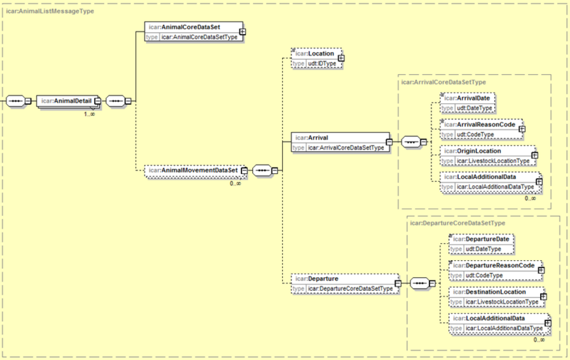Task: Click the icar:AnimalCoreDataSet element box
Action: click(x=194, y=31)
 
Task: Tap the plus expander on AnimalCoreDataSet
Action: click(x=242, y=31)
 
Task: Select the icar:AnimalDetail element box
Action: click(x=68, y=101)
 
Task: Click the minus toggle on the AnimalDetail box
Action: click(x=98, y=101)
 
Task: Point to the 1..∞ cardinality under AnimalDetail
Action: click(x=90, y=114)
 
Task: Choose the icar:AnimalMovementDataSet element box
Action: click(x=195, y=170)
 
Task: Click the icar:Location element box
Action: click(x=316, y=58)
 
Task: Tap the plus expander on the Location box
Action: click(x=341, y=58)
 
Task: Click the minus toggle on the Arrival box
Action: click(x=389, y=142)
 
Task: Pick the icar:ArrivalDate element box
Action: click(x=467, y=103)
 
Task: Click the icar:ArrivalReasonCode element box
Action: click(x=482, y=129)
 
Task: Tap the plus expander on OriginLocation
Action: click(x=534, y=155)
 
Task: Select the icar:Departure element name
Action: click(x=316, y=279)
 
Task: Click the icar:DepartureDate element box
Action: click(x=482, y=244)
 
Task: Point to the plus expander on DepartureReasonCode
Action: click(x=541, y=270)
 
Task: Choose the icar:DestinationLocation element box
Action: click(x=497, y=297)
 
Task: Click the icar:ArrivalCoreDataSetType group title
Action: click(x=443, y=82)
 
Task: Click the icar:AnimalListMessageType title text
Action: click(x=50, y=11)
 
